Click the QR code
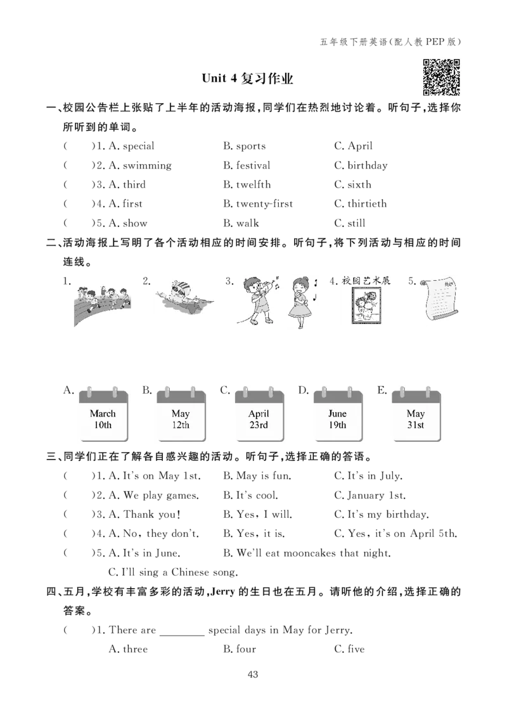tap(443, 78)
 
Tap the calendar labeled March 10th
tap(103, 413)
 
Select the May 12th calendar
tap(181, 413)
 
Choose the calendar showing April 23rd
tap(259, 413)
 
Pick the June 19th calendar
tap(338, 413)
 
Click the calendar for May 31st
tap(416, 413)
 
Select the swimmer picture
tap(186, 297)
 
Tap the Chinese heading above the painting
tap(368, 280)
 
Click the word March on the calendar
tap(103, 414)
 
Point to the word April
tap(259, 414)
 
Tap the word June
tap(338, 414)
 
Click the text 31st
tap(416, 425)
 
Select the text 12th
tap(181, 425)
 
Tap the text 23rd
tap(259, 425)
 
